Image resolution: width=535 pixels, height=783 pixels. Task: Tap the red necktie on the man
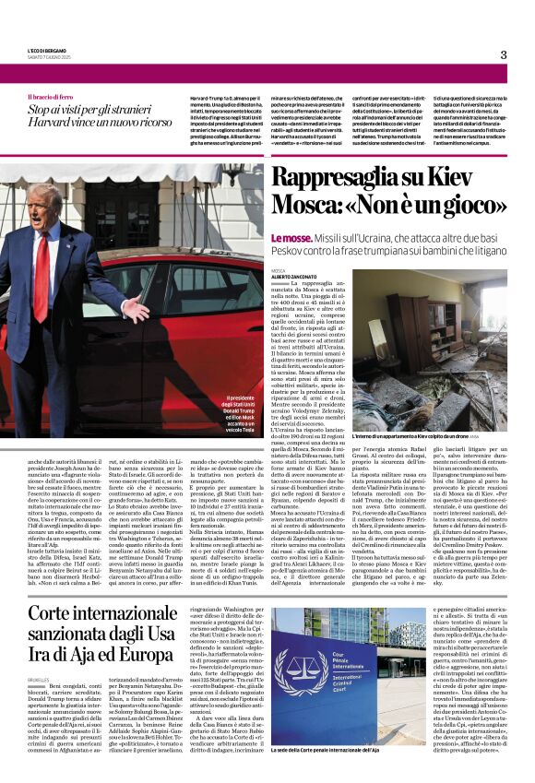[x=42, y=278]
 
